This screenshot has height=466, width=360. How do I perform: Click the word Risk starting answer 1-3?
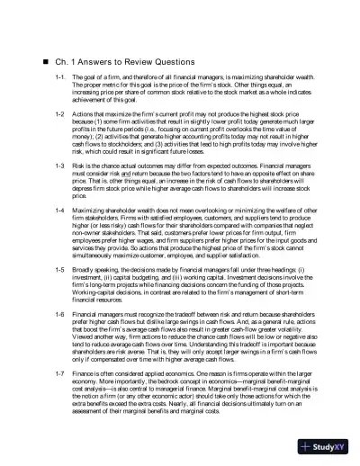tap(80, 167)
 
